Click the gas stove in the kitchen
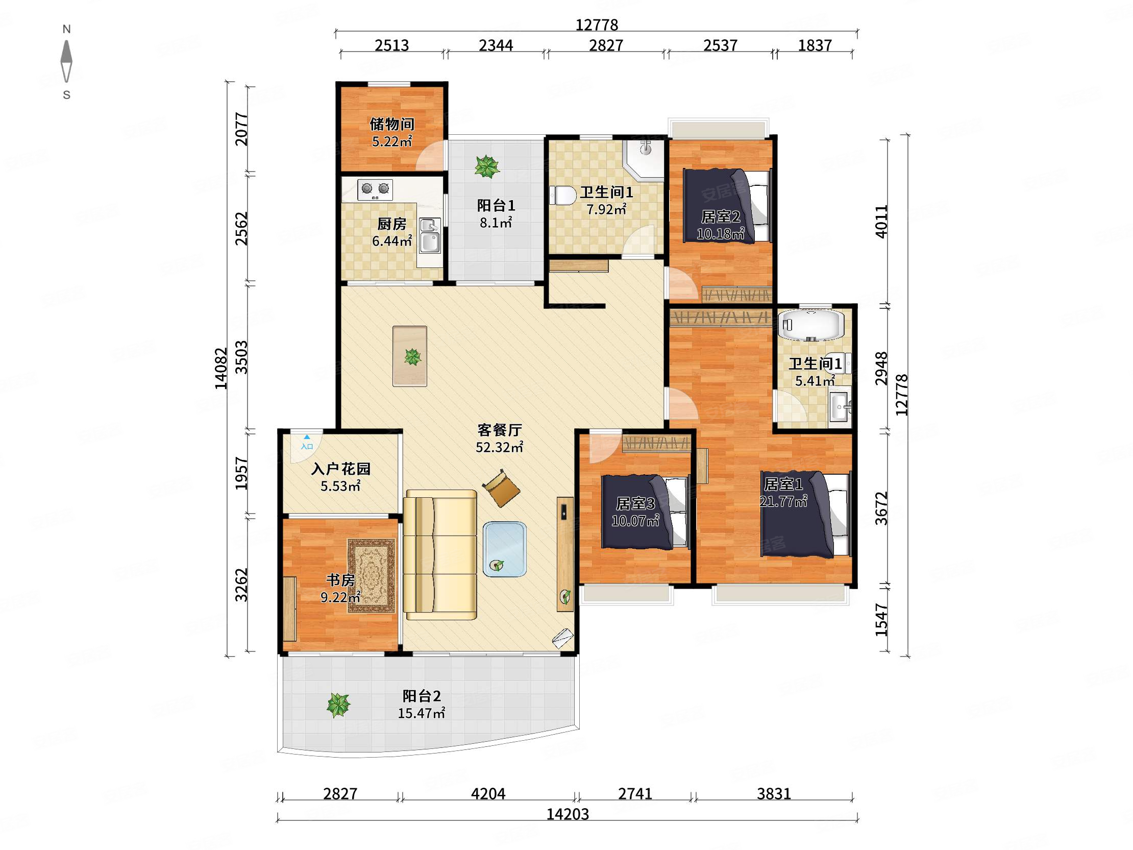[375, 189]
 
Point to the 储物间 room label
[392, 124]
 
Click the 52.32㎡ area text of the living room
[500, 447]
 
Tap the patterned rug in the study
[372, 575]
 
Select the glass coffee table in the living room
[505, 549]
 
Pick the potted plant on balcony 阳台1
[486, 166]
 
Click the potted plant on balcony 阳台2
[338, 705]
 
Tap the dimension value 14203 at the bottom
[568, 814]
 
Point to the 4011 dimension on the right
[881, 222]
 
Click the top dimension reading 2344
[496, 45]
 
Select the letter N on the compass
[66, 29]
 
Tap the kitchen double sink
[430, 236]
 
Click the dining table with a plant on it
[410, 356]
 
